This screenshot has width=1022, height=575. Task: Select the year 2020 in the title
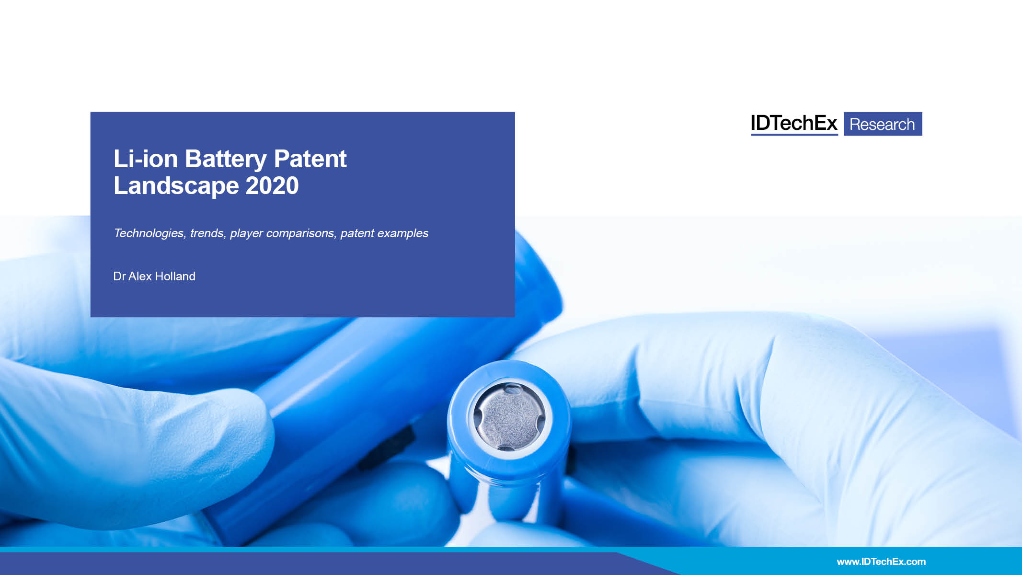272,185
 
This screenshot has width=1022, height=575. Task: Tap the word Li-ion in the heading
146,159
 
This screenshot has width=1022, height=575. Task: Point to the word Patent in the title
310,159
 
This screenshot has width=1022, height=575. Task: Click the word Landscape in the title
176,186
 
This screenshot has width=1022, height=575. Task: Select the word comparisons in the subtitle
301,233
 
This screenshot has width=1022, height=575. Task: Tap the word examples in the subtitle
403,233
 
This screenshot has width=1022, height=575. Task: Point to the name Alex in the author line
140,276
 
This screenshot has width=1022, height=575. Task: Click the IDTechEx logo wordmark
794,124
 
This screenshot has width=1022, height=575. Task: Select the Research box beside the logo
883,124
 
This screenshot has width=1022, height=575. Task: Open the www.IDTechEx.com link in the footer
881,562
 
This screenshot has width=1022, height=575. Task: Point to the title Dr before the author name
119,276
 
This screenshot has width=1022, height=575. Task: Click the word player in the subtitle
246,233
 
